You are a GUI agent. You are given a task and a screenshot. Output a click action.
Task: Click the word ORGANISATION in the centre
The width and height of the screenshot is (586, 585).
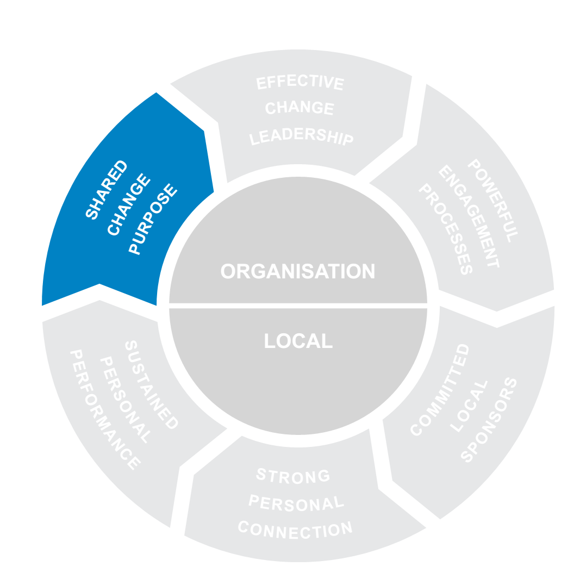[298, 271]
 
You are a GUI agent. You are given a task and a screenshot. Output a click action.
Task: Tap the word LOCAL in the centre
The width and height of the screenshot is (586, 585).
[298, 341]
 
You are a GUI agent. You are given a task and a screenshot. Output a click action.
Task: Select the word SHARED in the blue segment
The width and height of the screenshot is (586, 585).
[107, 190]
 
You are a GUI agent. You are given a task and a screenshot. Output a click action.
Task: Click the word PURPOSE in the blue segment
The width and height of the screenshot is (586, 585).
[153, 220]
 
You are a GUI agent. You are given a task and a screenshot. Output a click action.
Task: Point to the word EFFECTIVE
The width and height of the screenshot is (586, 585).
[300, 83]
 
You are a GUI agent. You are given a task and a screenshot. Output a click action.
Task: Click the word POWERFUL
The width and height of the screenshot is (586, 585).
[493, 201]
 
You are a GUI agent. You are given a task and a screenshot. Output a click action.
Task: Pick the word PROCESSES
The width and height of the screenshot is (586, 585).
[444, 229]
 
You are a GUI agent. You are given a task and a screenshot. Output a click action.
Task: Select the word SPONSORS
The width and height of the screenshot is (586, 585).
[488, 419]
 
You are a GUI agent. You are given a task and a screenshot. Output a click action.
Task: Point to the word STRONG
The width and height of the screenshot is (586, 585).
[293, 476]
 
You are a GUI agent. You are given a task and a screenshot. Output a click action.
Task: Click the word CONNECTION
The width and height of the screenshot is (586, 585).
[295, 529]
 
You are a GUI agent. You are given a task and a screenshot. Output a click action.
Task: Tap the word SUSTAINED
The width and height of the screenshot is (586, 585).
[152, 385]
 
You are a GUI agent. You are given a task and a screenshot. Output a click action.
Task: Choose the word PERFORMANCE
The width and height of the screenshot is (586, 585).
[104, 410]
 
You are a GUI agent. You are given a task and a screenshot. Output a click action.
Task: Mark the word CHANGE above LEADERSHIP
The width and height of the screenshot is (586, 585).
[300, 108]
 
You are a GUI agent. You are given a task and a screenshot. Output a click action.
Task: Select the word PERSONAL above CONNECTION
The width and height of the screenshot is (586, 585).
[296, 503]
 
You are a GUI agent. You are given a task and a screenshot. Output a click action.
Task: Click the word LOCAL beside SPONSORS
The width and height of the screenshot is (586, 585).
[463, 406]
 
